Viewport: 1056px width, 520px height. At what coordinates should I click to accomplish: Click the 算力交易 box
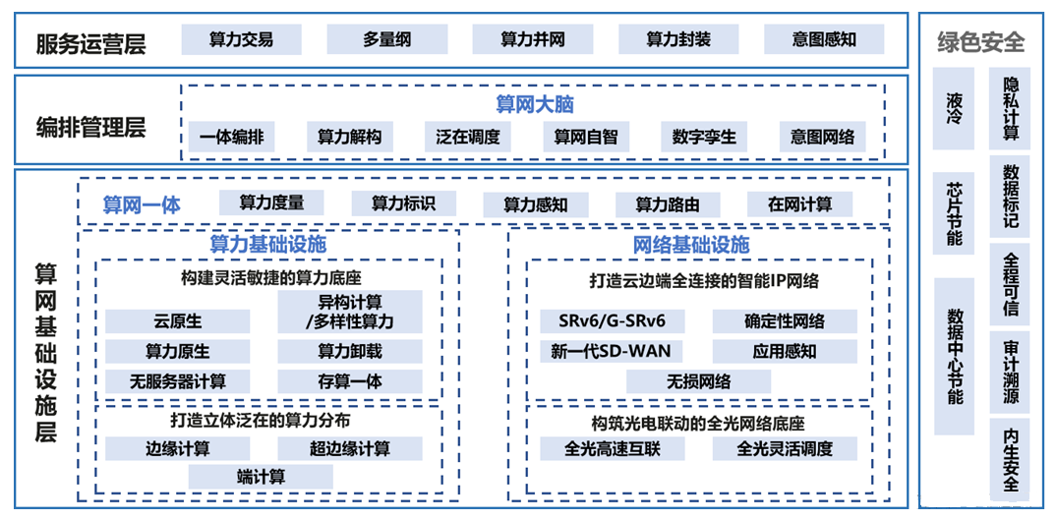(x=241, y=39)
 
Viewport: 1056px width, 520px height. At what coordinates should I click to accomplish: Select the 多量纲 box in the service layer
(x=386, y=39)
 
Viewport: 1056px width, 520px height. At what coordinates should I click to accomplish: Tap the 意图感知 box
(x=824, y=39)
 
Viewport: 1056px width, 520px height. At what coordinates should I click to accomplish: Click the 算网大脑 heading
(x=534, y=104)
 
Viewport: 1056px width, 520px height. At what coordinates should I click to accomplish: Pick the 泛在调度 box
(x=468, y=137)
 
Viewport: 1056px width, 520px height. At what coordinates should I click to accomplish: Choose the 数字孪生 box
(x=704, y=137)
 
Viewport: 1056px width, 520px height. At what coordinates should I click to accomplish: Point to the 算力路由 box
(x=668, y=204)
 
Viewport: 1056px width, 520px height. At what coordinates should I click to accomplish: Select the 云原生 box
(x=178, y=321)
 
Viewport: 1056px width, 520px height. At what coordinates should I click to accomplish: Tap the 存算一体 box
(x=350, y=381)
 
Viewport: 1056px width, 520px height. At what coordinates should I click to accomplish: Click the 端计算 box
(x=261, y=477)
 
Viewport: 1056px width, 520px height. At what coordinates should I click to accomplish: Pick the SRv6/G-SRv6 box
(x=612, y=321)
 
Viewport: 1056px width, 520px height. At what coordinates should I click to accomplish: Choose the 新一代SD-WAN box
(x=612, y=351)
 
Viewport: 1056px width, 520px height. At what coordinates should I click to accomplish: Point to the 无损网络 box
(x=698, y=381)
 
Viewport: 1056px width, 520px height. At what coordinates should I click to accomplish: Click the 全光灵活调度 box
(x=785, y=448)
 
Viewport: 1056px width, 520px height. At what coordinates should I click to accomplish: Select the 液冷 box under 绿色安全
(x=954, y=108)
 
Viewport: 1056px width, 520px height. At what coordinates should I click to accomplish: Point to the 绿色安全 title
(x=980, y=42)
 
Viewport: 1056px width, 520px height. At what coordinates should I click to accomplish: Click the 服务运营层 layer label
(x=90, y=43)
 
